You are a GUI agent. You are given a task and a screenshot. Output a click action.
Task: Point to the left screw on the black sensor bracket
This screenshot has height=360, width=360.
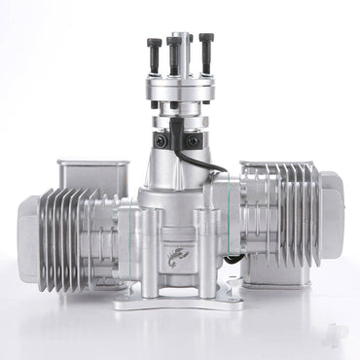(162, 141)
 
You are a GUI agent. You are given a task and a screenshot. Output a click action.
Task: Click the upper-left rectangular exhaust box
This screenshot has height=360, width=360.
(92, 175)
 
